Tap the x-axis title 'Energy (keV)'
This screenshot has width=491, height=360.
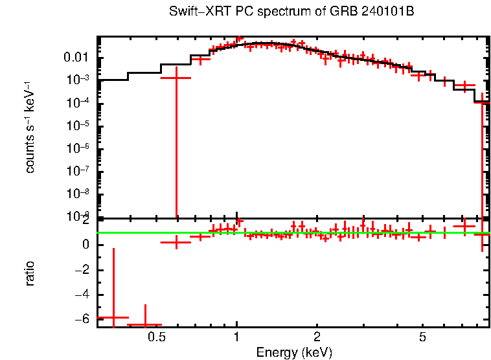pos(294,352)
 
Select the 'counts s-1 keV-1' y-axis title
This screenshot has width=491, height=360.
pos(30,127)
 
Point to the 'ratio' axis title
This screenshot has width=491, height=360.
pos(30,273)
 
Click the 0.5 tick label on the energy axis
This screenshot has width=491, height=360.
pos(155,337)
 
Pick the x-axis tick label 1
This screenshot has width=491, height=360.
pos(237,337)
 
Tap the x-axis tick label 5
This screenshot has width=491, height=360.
pos(422,337)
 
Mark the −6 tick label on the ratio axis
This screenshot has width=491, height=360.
pos(82,319)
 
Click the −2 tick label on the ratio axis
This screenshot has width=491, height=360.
pos(82,269)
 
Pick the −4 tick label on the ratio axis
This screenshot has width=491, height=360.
pos(82,295)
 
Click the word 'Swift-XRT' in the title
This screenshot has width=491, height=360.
pos(194,12)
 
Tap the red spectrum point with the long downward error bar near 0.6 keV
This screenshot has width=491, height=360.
pos(175,78)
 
